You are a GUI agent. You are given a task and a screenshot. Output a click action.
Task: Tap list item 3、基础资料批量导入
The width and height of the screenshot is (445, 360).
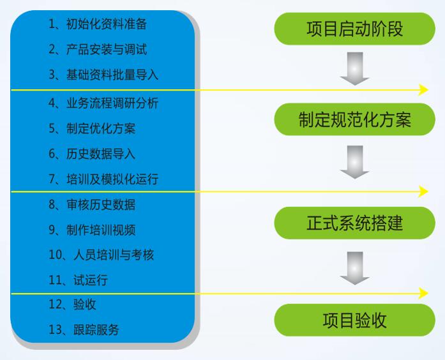(x=103, y=75)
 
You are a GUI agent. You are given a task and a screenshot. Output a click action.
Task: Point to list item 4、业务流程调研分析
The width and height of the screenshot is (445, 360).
(x=103, y=103)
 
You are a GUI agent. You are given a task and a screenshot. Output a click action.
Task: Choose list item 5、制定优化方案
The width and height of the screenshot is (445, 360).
(x=92, y=128)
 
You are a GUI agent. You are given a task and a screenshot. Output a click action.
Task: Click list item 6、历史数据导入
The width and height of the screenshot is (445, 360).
(x=92, y=154)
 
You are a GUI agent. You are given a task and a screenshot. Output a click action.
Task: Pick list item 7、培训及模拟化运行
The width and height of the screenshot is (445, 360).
(x=103, y=179)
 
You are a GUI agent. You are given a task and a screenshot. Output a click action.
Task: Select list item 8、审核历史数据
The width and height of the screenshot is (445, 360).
(x=92, y=205)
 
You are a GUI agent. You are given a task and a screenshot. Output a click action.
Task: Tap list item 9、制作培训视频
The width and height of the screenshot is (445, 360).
(x=92, y=230)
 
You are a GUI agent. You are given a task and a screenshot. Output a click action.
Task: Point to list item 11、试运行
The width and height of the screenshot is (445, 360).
(x=78, y=280)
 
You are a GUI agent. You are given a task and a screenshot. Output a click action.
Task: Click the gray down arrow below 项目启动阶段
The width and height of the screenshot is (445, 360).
(x=354, y=69)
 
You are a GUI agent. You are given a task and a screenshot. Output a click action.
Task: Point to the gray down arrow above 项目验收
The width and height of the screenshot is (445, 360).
(x=354, y=268)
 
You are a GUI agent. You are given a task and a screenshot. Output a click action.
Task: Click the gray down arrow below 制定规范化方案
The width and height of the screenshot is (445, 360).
(x=354, y=162)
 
